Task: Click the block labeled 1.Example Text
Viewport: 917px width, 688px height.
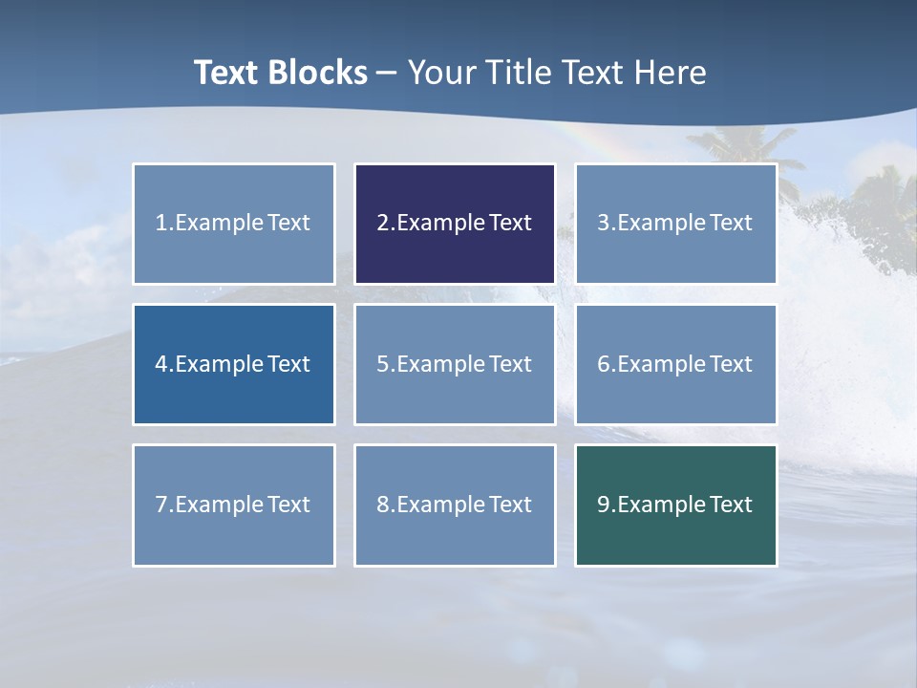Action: pos(234,224)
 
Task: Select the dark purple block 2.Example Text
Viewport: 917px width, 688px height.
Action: pos(455,224)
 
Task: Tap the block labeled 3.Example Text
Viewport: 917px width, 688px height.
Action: pos(675,224)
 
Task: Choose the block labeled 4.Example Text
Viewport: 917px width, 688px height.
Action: pos(234,364)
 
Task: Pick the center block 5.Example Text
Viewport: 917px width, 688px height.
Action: pos(455,364)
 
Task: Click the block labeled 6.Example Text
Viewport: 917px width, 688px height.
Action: pos(675,364)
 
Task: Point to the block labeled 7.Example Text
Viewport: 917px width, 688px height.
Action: pos(234,505)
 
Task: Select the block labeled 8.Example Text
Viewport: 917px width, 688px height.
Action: pos(455,505)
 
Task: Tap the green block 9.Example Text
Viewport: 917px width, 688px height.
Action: pos(675,505)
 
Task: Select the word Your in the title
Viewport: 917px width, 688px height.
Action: pos(440,73)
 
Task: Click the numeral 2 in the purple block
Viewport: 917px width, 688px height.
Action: pos(382,224)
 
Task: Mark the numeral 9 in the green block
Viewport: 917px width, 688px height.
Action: pos(603,505)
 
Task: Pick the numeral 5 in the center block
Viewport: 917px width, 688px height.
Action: pos(382,364)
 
